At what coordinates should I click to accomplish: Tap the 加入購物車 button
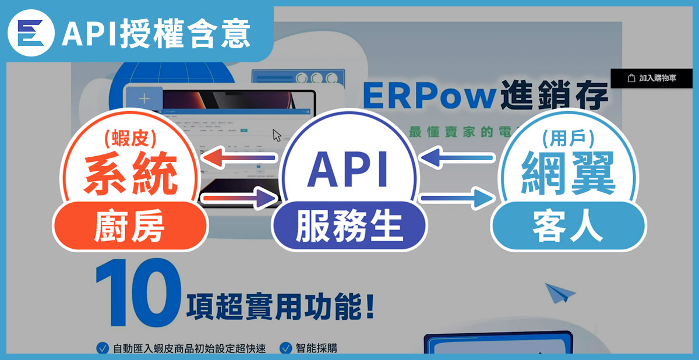point(654,77)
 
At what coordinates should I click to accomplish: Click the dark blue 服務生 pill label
point(349,227)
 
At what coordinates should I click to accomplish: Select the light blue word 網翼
point(568,174)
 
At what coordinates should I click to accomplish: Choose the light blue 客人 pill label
point(568,228)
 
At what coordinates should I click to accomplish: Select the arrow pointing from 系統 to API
point(239,199)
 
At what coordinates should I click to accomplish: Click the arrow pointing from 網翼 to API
point(458,157)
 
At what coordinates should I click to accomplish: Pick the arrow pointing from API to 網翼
point(457,199)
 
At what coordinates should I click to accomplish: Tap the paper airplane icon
point(560,292)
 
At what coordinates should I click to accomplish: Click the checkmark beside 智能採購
point(285,348)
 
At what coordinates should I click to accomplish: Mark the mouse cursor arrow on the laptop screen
point(277,136)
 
